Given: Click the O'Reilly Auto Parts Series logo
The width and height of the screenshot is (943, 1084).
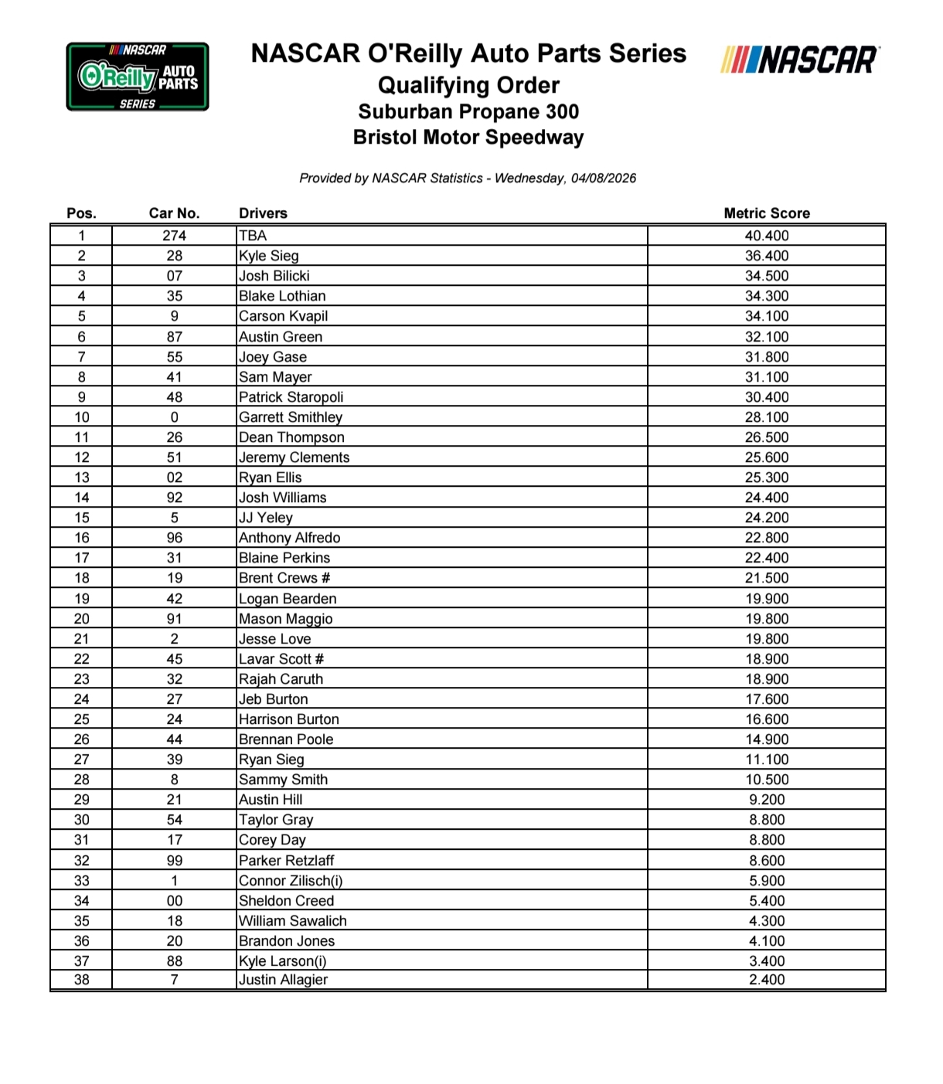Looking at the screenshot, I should (138, 76).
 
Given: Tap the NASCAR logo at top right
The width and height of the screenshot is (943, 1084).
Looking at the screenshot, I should (800, 60).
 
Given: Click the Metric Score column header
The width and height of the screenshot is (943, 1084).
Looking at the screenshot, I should (766, 213).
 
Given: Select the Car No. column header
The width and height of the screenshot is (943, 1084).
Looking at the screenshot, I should (174, 213).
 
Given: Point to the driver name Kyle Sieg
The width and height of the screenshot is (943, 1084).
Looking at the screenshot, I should (268, 256).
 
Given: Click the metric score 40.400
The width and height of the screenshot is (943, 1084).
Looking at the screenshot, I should (766, 236).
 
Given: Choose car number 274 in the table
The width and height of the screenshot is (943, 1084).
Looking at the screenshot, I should (174, 236).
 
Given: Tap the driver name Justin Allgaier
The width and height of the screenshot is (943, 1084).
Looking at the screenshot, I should (283, 980).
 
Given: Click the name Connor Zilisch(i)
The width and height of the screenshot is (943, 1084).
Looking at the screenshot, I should (291, 881).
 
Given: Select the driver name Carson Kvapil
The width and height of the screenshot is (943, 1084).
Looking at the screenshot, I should (283, 316).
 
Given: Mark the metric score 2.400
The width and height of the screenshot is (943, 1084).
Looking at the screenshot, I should (766, 980).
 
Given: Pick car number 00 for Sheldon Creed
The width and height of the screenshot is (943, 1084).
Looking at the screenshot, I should (174, 901).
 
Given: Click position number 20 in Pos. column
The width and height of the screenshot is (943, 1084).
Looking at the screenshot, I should (81, 619).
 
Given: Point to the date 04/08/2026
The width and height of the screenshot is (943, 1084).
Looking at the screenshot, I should (604, 178).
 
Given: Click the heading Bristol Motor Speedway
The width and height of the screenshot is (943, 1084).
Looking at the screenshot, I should (468, 138).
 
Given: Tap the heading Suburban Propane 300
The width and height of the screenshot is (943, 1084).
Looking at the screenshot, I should (468, 112).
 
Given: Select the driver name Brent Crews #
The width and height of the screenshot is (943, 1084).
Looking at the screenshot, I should (284, 578).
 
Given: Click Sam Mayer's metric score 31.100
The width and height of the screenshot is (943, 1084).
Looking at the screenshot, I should (766, 377).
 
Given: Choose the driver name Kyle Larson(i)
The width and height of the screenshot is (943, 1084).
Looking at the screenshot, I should (282, 961).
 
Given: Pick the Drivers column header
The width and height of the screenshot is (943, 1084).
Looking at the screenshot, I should (263, 213).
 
